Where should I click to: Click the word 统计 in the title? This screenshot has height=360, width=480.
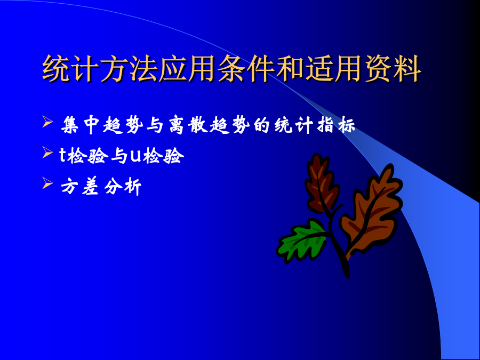[x=71, y=69]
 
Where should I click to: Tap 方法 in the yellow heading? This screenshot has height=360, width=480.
[x=129, y=69]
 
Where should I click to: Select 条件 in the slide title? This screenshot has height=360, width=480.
[x=246, y=69]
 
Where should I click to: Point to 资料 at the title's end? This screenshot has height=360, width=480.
[x=393, y=69]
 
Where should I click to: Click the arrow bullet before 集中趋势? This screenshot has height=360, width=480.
[x=47, y=122]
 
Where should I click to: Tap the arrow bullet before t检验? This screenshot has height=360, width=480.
[x=47, y=152]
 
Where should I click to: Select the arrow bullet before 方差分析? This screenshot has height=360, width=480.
[x=47, y=183]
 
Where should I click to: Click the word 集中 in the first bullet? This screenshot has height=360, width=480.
[x=81, y=125]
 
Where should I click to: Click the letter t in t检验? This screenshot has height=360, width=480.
[x=62, y=156]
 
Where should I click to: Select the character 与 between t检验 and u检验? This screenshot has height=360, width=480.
[x=119, y=156]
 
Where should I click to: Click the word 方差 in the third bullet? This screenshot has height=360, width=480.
[x=81, y=187]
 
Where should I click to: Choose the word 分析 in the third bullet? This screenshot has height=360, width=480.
[x=123, y=187]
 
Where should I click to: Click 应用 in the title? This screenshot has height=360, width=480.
[x=188, y=69]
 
